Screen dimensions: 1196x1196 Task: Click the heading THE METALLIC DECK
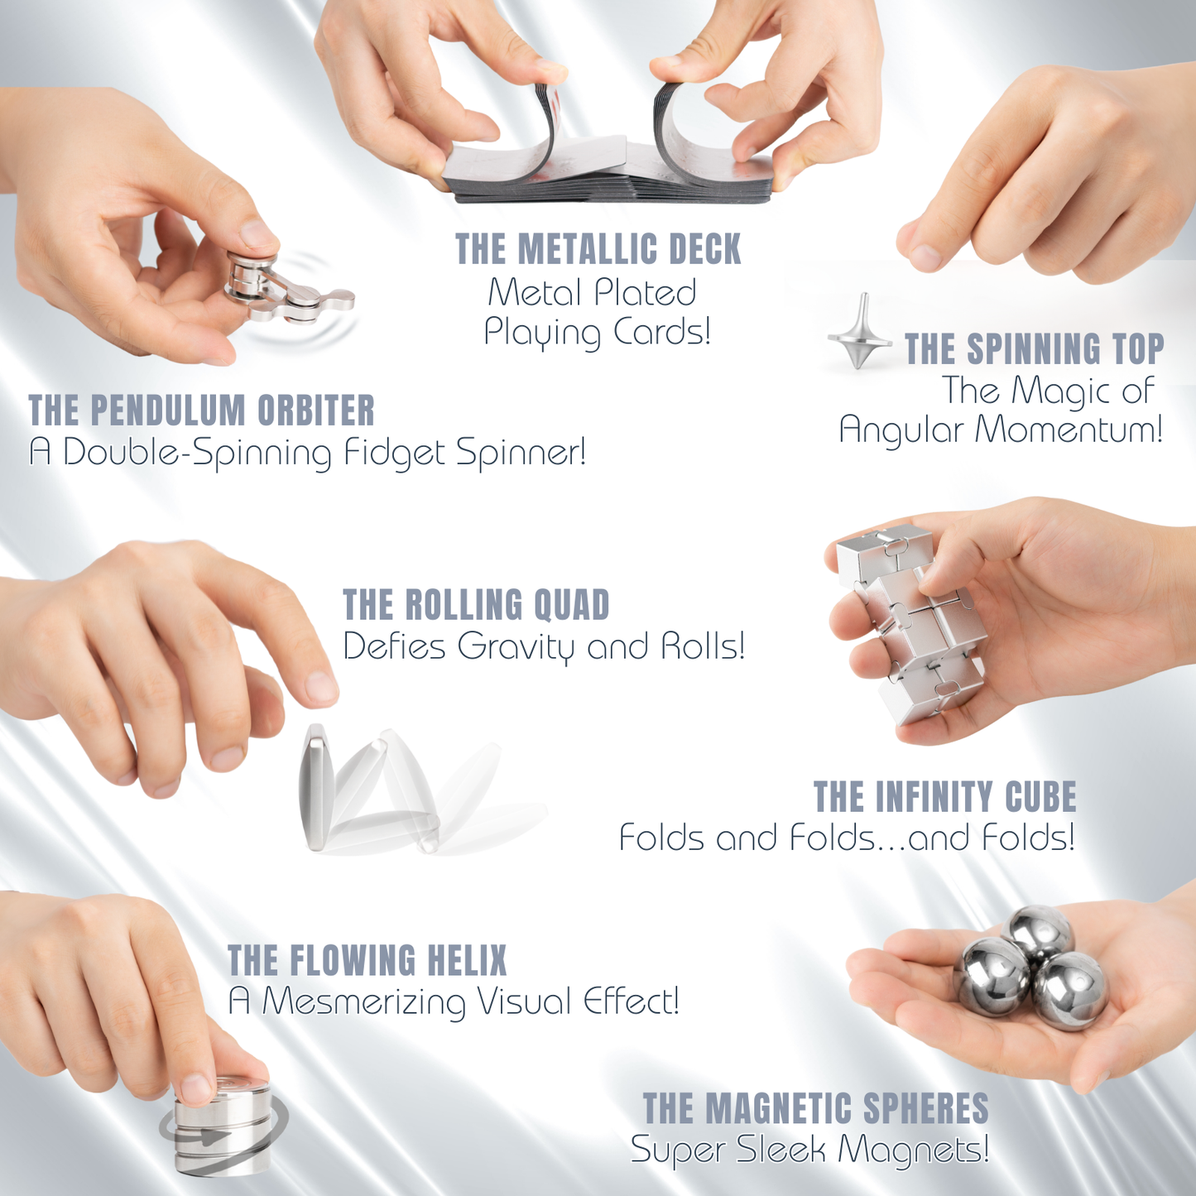pyautogui.click(x=598, y=250)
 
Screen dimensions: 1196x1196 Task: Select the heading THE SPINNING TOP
pyautogui.click(x=1034, y=349)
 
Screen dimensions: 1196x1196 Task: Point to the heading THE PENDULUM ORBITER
pyautogui.click(x=201, y=411)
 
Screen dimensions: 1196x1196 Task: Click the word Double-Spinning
pyautogui.click(x=196, y=453)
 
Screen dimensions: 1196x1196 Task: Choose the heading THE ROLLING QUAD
pyautogui.click(x=476, y=605)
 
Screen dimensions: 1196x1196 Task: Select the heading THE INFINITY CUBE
pyautogui.click(x=944, y=797)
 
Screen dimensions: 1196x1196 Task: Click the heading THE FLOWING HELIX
pyautogui.click(x=367, y=961)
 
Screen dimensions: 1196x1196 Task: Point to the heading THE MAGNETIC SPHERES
pyautogui.click(x=815, y=1109)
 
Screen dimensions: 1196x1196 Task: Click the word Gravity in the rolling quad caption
pyautogui.click(x=514, y=646)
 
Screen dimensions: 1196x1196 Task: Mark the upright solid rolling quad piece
pyautogui.click(x=317, y=786)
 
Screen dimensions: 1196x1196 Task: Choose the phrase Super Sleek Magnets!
pyautogui.click(x=809, y=1150)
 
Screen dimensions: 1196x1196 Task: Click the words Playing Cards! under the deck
pyautogui.click(x=597, y=333)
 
